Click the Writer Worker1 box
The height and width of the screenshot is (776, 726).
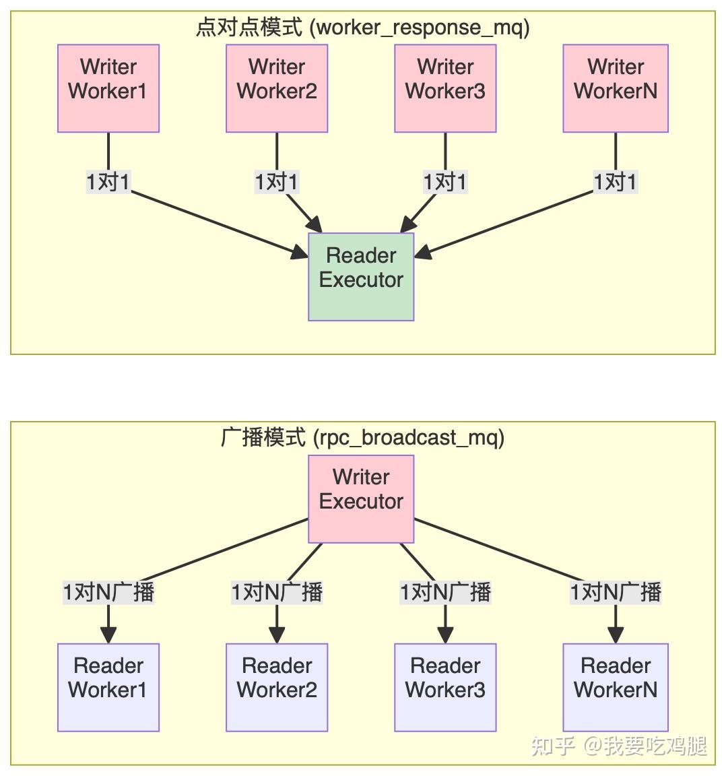point(108,88)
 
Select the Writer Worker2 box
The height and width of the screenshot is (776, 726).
point(277,88)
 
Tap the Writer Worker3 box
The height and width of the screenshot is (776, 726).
point(445,88)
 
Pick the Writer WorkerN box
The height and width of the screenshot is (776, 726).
point(616,88)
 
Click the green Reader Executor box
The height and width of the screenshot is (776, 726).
point(361,277)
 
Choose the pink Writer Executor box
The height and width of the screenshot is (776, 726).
point(361,498)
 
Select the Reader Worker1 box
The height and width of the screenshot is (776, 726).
point(108,687)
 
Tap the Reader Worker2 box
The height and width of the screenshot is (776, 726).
point(277,687)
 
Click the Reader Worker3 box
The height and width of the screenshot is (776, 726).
point(445,687)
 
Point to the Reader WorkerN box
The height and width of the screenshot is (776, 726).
point(616,687)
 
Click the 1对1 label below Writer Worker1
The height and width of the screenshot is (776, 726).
point(108,182)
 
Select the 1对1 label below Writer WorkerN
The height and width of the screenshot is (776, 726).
point(615,182)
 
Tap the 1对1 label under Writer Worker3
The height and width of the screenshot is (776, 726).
point(444,182)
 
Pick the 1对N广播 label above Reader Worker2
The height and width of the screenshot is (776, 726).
point(277,592)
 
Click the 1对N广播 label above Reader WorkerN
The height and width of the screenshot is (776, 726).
point(616,592)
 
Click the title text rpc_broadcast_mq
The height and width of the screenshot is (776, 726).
point(409,438)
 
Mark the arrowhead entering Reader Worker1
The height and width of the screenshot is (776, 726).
point(108,635)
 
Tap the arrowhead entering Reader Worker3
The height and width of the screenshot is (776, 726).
point(445,635)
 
